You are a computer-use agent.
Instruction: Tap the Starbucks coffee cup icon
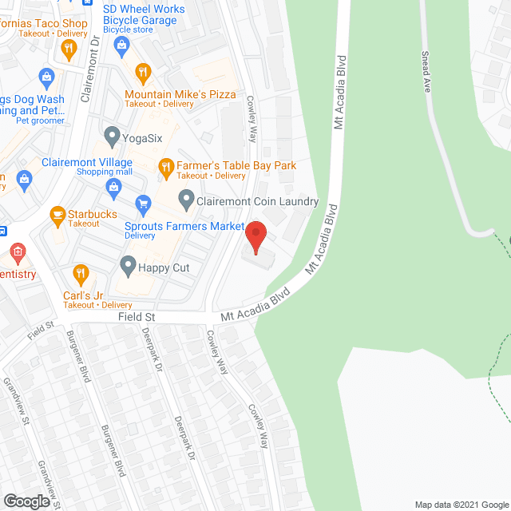pos(57,214)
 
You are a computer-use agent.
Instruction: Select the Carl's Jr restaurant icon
pos(81,275)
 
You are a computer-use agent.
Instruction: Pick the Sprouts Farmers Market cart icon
pos(143,204)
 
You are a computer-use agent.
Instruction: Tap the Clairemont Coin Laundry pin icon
pos(186,198)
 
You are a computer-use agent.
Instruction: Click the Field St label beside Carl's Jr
pos(136,317)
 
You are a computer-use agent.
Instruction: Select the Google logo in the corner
pos(26,501)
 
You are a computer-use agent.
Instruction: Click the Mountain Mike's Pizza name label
pos(180,94)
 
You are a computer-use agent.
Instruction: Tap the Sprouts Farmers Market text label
pos(184,226)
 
